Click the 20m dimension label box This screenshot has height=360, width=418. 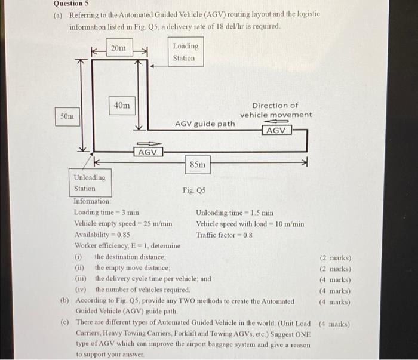119,47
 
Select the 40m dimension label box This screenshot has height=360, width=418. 122,106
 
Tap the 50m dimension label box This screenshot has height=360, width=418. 67,116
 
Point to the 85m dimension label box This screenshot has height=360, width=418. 198,165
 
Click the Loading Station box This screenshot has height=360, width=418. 186,52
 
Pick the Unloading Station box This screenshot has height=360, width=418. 90,183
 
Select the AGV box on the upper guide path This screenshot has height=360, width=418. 276,131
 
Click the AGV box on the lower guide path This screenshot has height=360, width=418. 148,152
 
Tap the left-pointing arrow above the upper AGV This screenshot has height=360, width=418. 276,122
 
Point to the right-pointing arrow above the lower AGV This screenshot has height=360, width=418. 149,144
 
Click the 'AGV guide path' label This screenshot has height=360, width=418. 205,124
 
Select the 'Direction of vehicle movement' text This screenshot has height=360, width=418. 276,110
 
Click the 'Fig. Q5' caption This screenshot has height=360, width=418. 194,190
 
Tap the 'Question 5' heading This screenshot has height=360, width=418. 71,4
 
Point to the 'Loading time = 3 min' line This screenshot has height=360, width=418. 106,213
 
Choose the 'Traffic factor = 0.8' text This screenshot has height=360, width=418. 224,235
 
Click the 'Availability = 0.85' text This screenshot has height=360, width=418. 102,235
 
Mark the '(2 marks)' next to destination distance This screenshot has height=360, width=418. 336,258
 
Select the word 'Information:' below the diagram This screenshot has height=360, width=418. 92,201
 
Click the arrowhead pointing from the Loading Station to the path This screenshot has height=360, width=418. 152,66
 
